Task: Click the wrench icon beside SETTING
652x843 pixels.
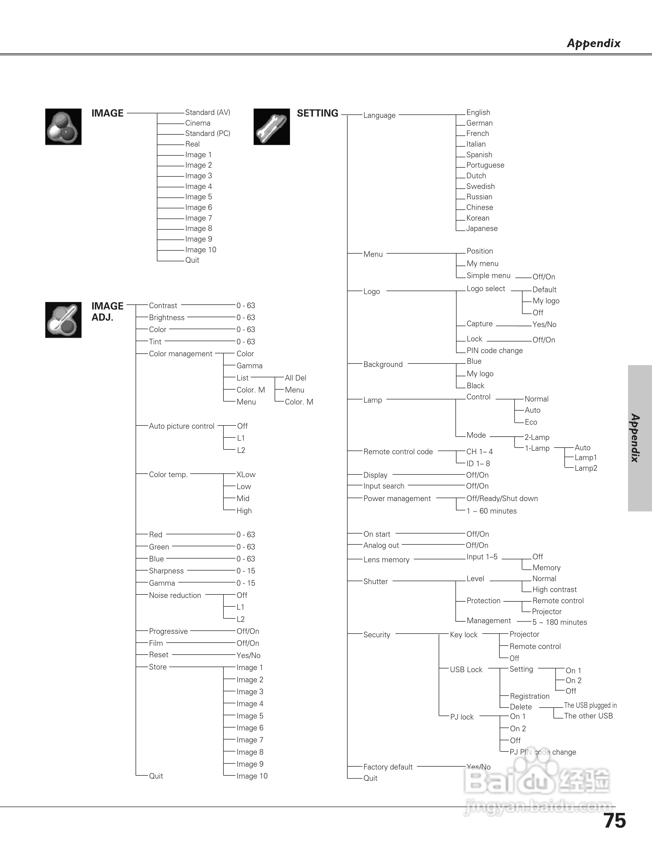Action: pyautogui.click(x=272, y=127)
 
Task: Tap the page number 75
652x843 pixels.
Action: pyautogui.click(x=614, y=821)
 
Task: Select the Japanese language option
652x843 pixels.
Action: pyautogui.click(x=482, y=229)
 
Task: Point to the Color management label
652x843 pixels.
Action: pyautogui.click(x=180, y=354)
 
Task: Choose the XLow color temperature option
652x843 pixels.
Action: pyautogui.click(x=246, y=475)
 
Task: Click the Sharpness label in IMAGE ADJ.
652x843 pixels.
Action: pyautogui.click(x=166, y=571)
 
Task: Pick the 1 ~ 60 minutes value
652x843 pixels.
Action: pyautogui.click(x=491, y=511)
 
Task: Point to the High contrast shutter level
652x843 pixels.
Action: pyautogui.click(x=554, y=589)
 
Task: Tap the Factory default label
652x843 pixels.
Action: pyautogui.click(x=388, y=767)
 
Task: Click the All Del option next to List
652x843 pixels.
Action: pyautogui.click(x=295, y=378)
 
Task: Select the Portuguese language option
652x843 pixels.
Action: pyautogui.click(x=485, y=165)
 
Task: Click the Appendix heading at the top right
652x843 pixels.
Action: pyautogui.click(x=594, y=43)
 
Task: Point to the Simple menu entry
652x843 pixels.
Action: pyautogui.click(x=488, y=276)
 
